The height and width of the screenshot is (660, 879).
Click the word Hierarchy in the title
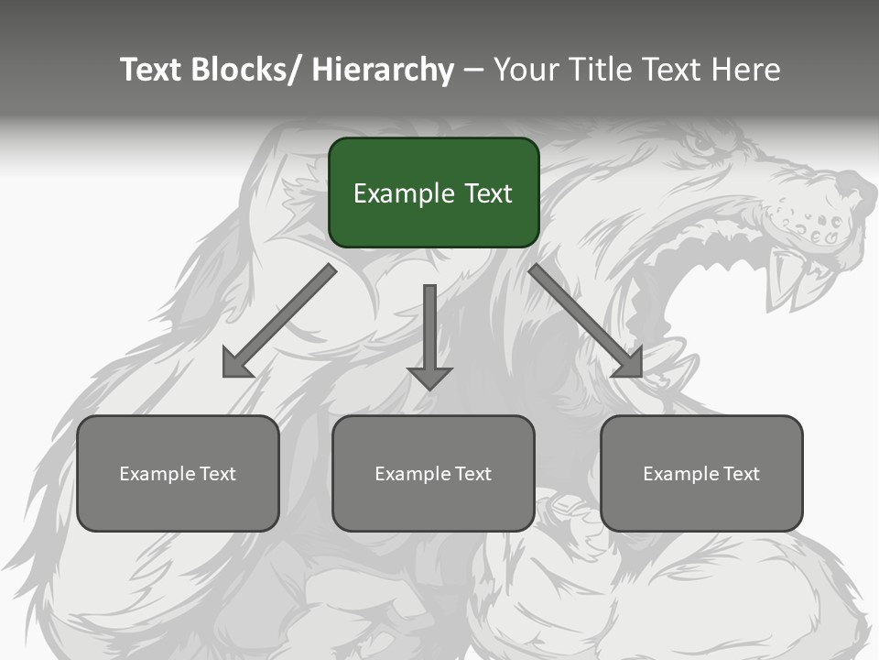(x=383, y=70)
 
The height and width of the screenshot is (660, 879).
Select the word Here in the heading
(x=747, y=70)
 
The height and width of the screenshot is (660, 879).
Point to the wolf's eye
(x=703, y=144)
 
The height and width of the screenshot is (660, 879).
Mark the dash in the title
(x=473, y=70)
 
